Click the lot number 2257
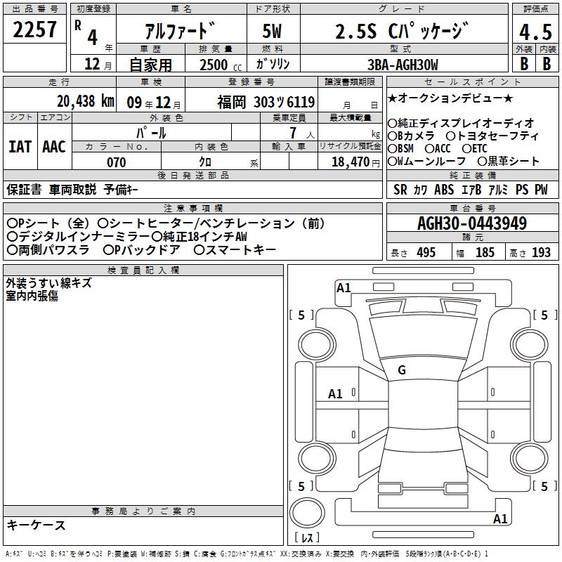tap(34, 30)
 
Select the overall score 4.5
tap(535, 32)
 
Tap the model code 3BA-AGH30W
tap(403, 65)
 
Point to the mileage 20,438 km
tap(86, 101)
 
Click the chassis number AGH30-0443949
tap(472, 223)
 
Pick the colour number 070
tap(117, 162)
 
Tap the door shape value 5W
tap(272, 31)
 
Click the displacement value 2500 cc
tap(221, 65)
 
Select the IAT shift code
tap(20, 147)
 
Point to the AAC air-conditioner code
tap(54, 147)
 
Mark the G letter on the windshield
tap(402, 370)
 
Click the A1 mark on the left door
tap(335, 394)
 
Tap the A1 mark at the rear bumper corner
tap(500, 518)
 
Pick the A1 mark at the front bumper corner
tap(344, 288)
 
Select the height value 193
tap(541, 253)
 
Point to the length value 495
tap(426, 253)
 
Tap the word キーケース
tap(37, 525)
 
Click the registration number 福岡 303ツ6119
tap(266, 103)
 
